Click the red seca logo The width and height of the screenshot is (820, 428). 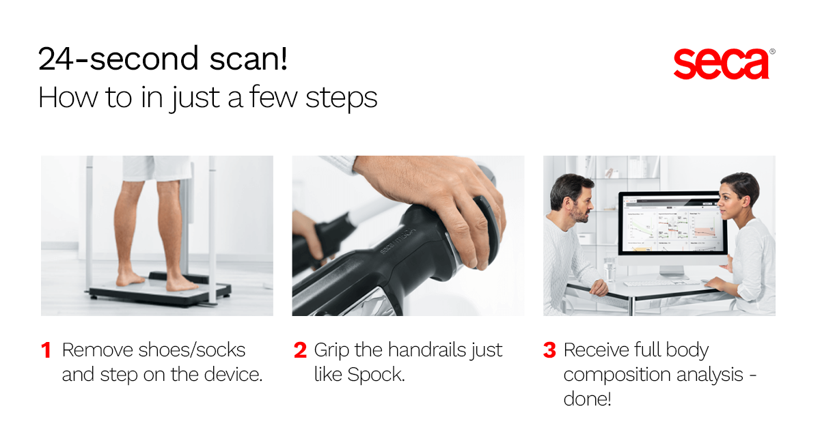tap(721, 64)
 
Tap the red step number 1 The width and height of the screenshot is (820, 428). tap(46, 350)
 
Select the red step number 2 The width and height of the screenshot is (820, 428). tap(300, 350)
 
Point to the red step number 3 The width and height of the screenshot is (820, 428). tap(549, 350)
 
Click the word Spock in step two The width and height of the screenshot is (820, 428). tap(376, 375)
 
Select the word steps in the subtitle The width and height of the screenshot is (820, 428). tap(341, 98)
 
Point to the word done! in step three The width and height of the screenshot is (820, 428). tap(587, 399)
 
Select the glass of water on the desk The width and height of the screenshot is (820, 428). tap(609, 270)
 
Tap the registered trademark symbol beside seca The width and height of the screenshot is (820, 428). tap(772, 52)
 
